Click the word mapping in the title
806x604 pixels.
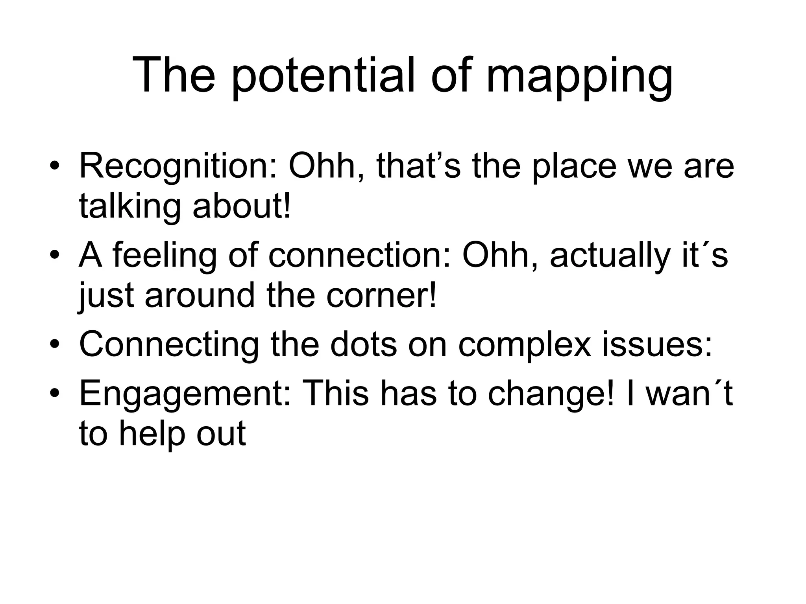click(x=579, y=77)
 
